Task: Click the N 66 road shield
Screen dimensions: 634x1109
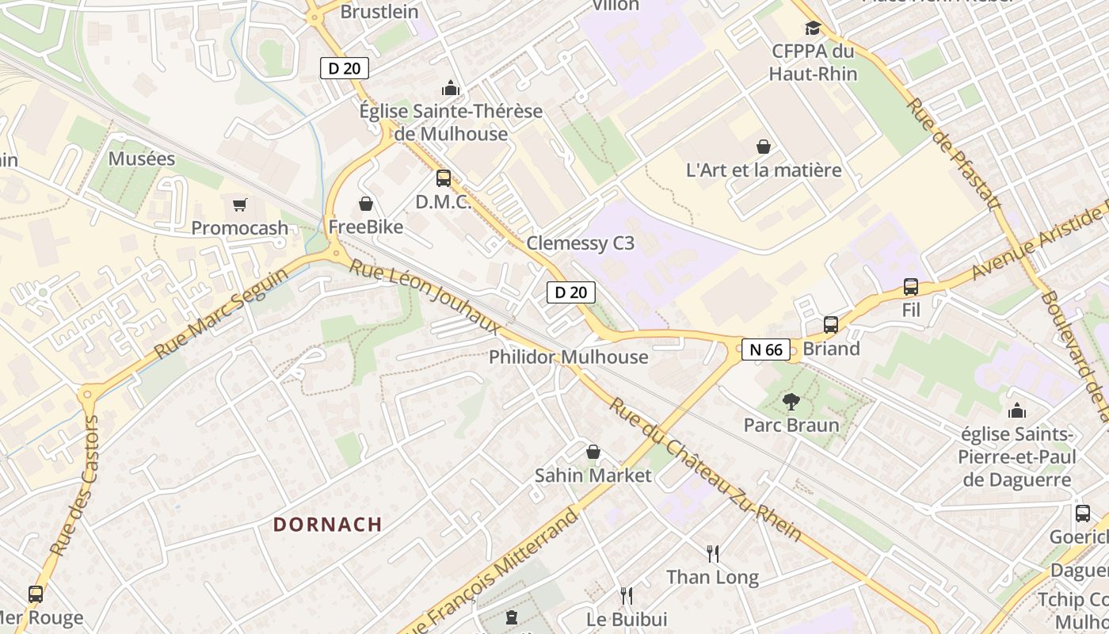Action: click(766, 349)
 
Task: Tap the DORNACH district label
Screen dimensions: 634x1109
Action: click(328, 525)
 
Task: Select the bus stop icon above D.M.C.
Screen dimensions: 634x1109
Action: click(444, 178)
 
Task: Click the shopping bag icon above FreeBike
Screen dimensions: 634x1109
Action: click(366, 204)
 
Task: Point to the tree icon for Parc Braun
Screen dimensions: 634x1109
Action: click(791, 402)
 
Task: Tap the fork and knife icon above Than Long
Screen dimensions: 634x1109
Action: click(713, 553)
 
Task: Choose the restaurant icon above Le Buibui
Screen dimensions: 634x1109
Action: click(627, 595)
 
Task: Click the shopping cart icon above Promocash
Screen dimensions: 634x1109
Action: click(240, 205)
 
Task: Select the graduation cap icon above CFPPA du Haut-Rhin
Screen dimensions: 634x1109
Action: click(813, 29)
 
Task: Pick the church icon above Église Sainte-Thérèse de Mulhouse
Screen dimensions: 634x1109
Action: click(451, 87)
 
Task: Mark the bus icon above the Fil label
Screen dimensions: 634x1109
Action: click(911, 287)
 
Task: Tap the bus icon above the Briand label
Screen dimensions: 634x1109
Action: click(831, 325)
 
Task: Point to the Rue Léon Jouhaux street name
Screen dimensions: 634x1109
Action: click(425, 297)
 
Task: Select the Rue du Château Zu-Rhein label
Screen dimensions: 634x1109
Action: click(706, 469)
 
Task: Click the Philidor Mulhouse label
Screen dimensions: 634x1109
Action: click(568, 357)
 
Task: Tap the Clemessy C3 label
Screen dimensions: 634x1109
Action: click(581, 243)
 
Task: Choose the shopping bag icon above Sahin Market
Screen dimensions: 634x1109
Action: click(593, 452)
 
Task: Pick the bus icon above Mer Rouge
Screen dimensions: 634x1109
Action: click(36, 594)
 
